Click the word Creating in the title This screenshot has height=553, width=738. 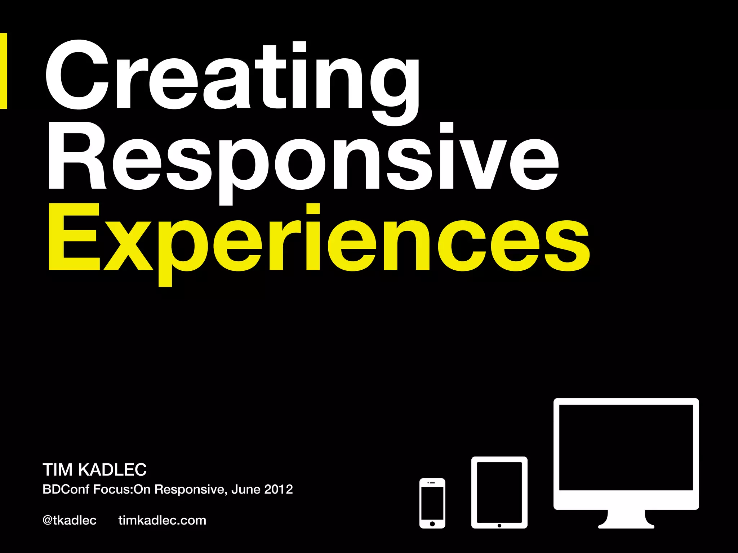click(232, 77)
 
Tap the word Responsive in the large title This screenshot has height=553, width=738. click(303, 158)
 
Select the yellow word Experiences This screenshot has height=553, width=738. click(319, 239)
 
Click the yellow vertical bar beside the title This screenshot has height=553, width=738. click(3, 71)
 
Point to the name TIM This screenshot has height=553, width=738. click(58, 470)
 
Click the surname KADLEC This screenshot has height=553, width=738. click(112, 470)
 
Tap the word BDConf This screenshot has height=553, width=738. click(66, 490)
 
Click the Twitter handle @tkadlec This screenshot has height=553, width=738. click(70, 521)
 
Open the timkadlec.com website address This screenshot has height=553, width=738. click(162, 521)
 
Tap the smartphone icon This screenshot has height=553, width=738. click(432, 503)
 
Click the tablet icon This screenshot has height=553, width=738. click(499, 492)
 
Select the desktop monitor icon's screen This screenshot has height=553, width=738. click(626, 447)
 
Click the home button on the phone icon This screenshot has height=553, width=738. click(432, 524)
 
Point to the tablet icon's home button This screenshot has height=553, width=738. click(499, 526)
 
